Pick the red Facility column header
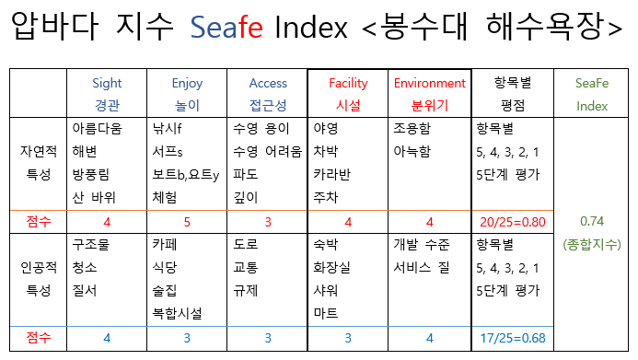(348, 83)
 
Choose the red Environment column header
(429, 83)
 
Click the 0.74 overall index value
(592, 221)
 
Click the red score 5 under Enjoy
(187, 221)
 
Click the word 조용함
(411, 129)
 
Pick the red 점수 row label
(40, 221)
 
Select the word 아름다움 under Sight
(96, 129)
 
